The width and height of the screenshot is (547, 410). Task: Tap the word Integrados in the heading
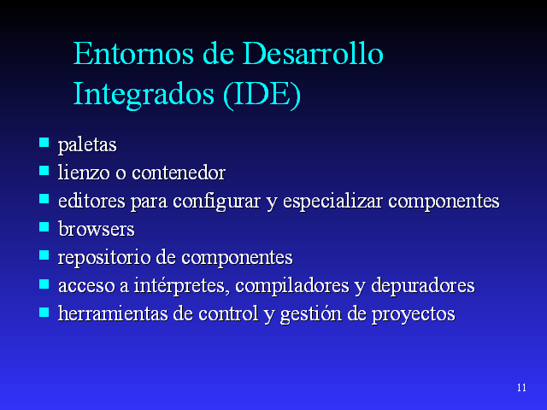point(144,93)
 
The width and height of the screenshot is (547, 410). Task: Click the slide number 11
point(521,389)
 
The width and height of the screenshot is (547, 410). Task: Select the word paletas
point(87,145)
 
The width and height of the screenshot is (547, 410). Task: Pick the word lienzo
point(84,173)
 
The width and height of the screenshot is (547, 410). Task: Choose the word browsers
point(97,229)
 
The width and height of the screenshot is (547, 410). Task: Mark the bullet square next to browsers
point(44,226)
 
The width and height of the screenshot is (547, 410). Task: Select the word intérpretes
point(191,285)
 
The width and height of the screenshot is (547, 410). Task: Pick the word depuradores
point(427,285)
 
